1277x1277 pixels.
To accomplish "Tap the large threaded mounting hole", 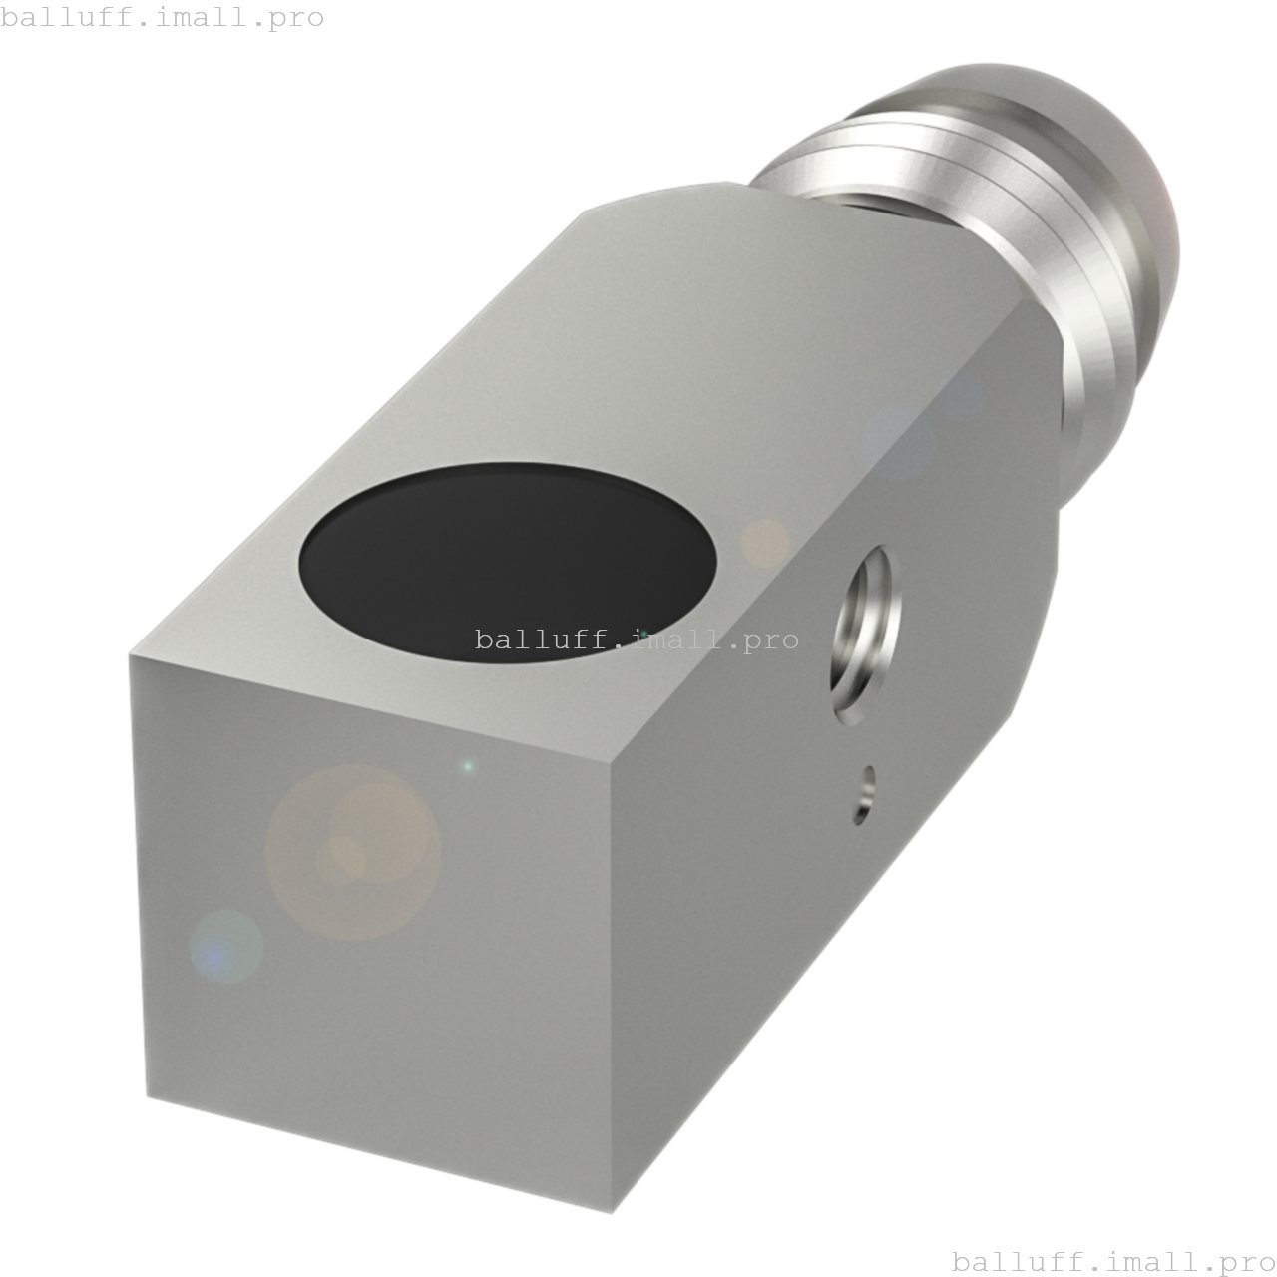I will [x=864, y=635].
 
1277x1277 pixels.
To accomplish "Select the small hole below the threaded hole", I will [x=865, y=795].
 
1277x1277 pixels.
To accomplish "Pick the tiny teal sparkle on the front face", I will [x=468, y=767].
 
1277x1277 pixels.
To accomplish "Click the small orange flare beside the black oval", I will [x=765, y=544].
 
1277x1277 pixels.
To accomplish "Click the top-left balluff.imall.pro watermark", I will [x=163, y=18].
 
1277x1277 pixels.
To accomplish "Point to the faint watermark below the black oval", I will [x=637, y=639].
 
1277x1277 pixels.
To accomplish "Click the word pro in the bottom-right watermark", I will [x=1238, y=1262].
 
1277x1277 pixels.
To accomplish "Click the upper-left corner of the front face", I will [x=131, y=656].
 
